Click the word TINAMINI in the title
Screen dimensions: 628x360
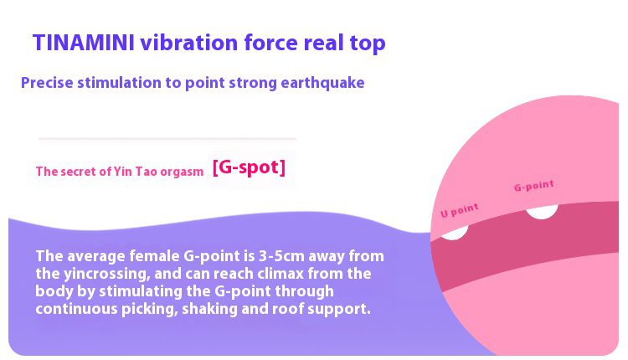83,43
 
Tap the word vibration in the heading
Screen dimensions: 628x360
188,43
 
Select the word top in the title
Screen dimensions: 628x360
368,44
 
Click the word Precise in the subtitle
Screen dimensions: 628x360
47,83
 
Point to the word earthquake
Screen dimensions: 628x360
322,83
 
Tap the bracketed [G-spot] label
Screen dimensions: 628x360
249,167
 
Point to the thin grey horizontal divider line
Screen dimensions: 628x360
167,138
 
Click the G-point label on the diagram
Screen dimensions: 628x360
534,186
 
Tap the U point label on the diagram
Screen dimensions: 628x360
460,210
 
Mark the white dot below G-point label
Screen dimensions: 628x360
542,212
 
